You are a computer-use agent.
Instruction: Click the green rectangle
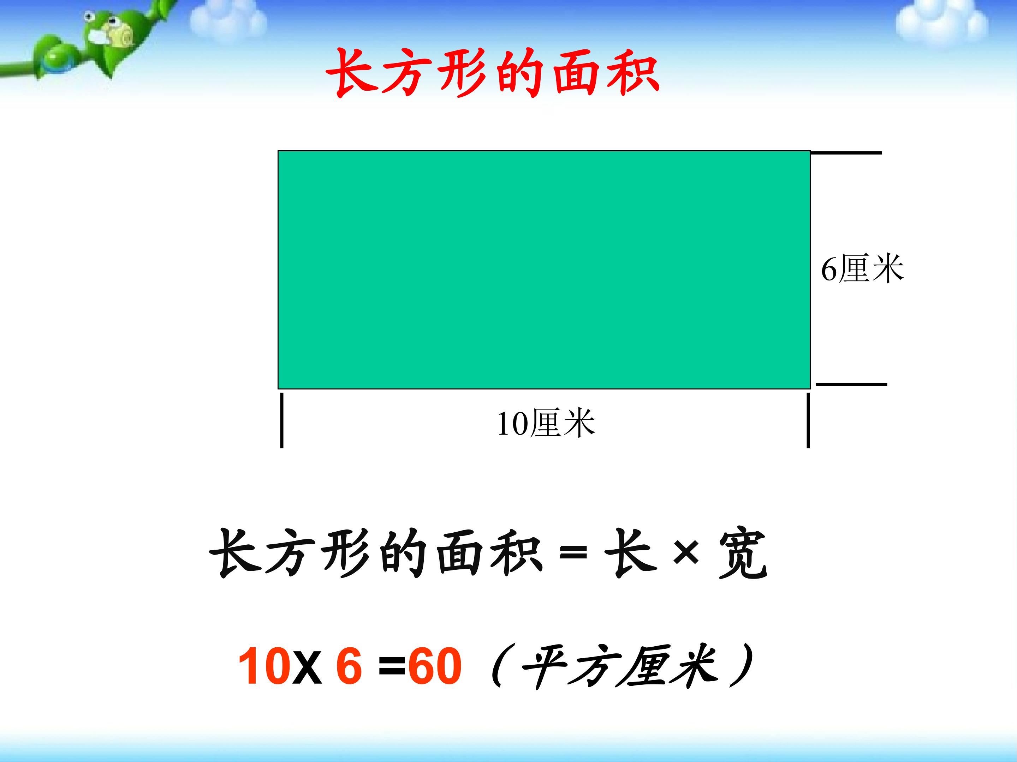pyautogui.click(x=544, y=270)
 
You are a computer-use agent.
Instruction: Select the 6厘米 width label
pyautogui.click(x=862, y=269)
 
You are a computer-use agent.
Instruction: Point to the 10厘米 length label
pyautogui.click(x=546, y=423)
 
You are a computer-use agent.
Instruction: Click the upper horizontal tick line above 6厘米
pyautogui.click(x=846, y=153)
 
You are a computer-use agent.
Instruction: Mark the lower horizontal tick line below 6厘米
pyautogui.click(x=851, y=385)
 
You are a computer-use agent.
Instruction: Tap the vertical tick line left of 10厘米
pyautogui.click(x=282, y=419)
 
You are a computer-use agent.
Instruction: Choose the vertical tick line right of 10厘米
pyautogui.click(x=808, y=419)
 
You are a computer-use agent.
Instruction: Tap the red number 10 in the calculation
pyautogui.click(x=264, y=666)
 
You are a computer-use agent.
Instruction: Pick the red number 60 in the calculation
pyautogui.click(x=434, y=666)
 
